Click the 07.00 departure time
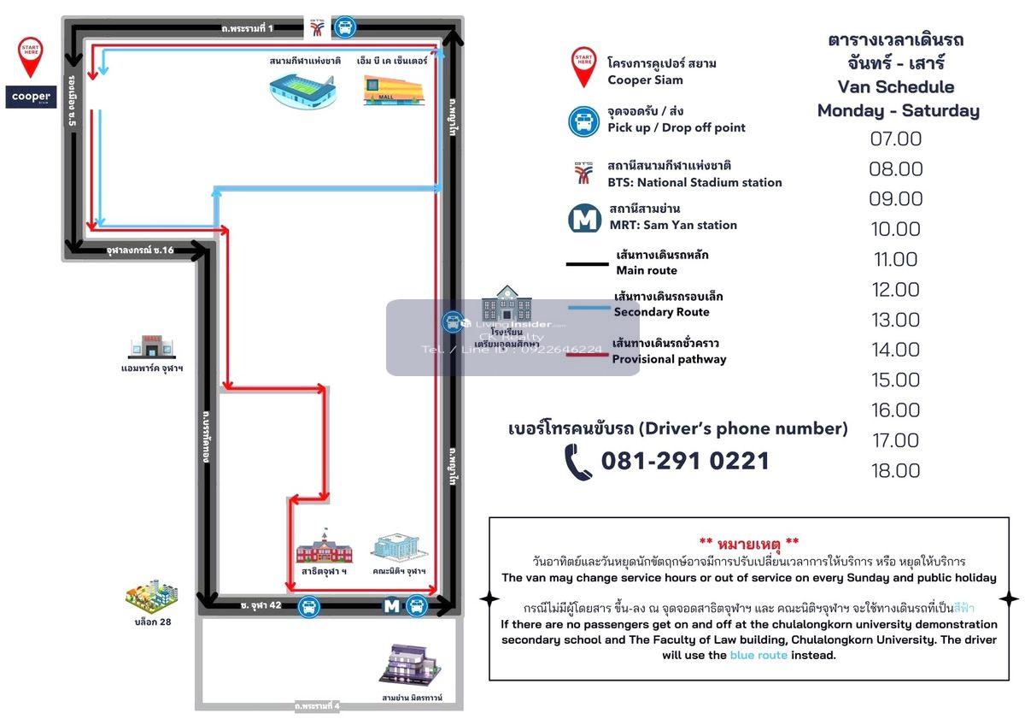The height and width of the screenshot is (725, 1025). click(896, 139)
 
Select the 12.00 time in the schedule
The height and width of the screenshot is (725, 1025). click(896, 290)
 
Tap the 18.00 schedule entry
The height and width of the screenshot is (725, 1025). click(896, 470)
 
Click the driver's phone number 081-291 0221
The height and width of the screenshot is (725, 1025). click(685, 462)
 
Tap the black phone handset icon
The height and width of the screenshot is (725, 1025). click(578, 463)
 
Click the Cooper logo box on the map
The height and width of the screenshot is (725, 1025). click(32, 97)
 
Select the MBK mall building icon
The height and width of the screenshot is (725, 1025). click(392, 90)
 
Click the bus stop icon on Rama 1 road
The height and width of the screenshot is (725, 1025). click(344, 27)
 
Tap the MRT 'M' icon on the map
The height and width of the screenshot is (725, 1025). click(391, 606)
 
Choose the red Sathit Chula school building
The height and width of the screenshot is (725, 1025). click(323, 545)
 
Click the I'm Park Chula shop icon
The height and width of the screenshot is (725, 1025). click(151, 346)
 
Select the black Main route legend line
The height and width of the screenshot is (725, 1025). click(587, 263)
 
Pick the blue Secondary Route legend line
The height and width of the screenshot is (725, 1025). click(587, 305)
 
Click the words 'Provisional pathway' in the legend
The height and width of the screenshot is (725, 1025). click(669, 359)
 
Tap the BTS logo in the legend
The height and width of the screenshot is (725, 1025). click(584, 174)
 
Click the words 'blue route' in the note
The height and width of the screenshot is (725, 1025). click(758, 655)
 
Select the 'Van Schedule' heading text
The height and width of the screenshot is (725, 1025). click(895, 86)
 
